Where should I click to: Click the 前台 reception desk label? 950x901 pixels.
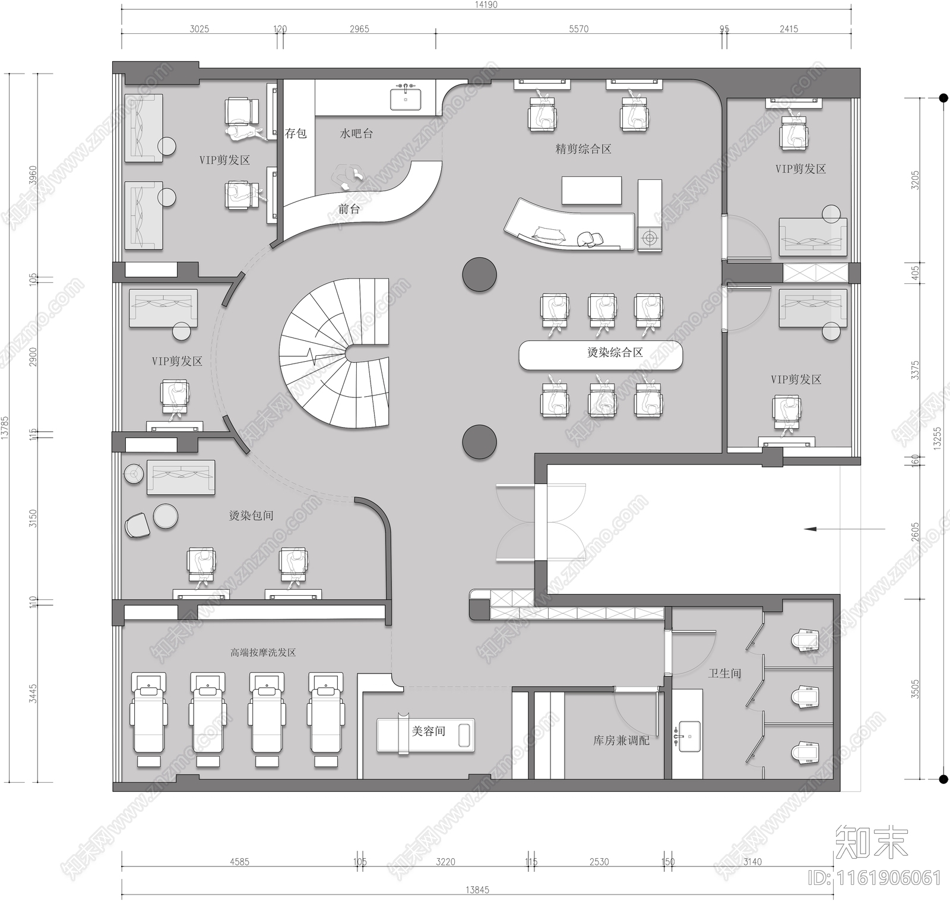[x=349, y=209]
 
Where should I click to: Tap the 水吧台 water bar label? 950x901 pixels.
[x=356, y=134]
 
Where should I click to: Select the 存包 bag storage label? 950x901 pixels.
[x=296, y=133]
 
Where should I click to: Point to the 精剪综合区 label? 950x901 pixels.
[x=583, y=149]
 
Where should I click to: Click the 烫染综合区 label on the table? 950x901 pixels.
[x=615, y=353]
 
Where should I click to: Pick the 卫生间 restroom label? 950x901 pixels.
[x=724, y=674]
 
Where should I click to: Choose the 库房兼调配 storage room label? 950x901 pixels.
[x=621, y=741]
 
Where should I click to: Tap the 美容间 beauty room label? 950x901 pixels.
[x=429, y=731]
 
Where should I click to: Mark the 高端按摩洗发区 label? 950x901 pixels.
[x=263, y=652]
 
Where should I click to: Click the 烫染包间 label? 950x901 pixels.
[x=251, y=516]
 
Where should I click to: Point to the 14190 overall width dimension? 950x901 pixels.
[x=486, y=5]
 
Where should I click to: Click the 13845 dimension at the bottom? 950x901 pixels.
[x=477, y=890]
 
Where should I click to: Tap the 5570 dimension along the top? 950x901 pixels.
[x=578, y=29]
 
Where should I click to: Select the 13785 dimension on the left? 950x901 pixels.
[x=5, y=428]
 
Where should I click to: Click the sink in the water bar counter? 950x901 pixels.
[x=406, y=99]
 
